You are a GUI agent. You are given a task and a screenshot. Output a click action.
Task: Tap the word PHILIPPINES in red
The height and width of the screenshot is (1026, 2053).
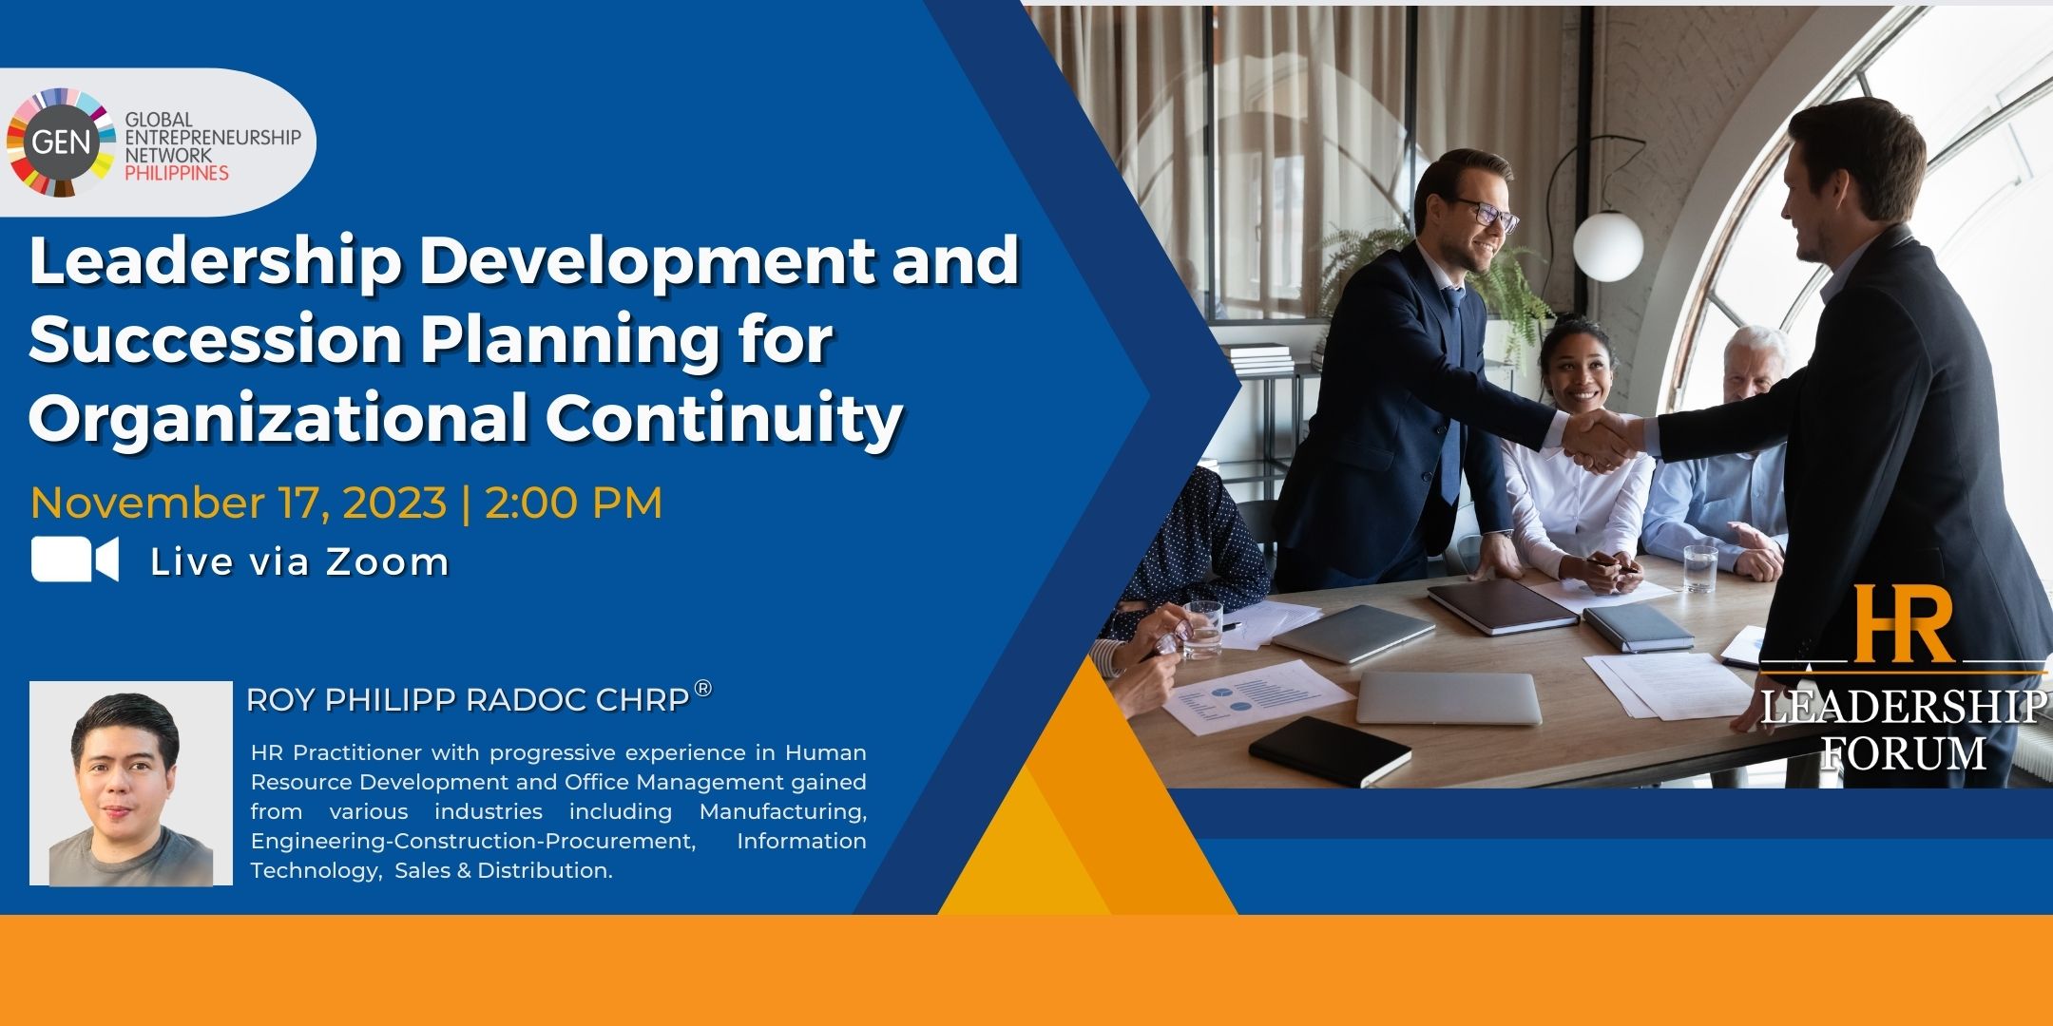178,173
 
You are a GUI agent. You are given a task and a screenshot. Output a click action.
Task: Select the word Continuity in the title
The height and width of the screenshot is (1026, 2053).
723,418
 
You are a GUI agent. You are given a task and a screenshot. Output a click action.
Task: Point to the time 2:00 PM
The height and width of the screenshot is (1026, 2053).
574,503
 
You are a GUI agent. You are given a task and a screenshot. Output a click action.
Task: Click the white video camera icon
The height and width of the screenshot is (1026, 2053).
75,559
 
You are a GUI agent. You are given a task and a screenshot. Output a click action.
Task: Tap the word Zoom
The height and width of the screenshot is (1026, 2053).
388,561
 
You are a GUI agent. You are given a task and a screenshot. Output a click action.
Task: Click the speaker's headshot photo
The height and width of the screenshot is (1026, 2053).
131,783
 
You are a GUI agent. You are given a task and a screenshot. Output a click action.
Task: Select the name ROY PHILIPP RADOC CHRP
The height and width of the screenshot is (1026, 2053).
468,700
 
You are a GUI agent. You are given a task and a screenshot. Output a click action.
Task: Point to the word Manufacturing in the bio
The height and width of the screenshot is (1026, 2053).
782,812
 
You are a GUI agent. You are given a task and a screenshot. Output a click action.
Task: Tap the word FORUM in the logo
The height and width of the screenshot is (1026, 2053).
1904,752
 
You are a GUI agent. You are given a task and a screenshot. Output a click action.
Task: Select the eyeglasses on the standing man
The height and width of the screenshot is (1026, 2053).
1484,215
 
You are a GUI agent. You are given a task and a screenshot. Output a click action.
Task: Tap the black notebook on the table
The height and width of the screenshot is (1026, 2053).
1330,749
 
